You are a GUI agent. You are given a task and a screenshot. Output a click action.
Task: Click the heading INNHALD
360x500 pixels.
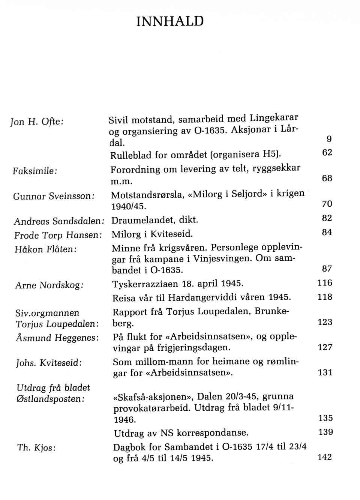[169, 21]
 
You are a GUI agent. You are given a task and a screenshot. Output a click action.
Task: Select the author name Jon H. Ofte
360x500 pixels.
[37, 122]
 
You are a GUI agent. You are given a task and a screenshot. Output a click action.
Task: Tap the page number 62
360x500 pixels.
[327, 153]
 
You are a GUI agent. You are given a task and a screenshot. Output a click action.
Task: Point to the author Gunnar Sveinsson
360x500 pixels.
[53, 196]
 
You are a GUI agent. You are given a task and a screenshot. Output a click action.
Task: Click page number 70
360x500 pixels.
[327, 204]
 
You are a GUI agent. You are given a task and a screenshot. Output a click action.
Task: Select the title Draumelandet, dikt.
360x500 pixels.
[154, 219]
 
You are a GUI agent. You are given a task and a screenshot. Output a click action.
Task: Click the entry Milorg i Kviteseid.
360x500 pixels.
[152, 234]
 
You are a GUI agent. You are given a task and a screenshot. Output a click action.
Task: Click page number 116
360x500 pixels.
[325, 283]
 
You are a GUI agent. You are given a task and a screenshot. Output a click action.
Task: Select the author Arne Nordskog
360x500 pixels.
[49, 285]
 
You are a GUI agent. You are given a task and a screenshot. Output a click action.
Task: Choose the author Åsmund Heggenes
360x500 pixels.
[57, 338]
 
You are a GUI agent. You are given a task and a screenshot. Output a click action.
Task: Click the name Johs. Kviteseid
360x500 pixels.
[49, 363]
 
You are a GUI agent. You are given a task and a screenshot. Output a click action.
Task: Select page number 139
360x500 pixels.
[325, 432]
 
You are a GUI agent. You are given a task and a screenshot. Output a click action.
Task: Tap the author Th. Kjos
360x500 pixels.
[36, 448]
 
